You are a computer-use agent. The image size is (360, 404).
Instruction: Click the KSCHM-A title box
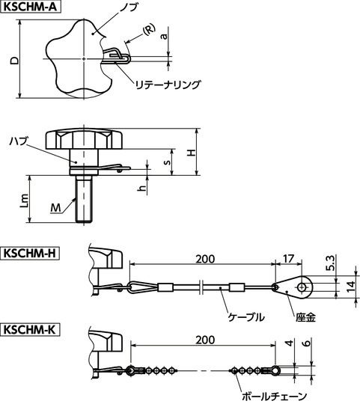[32, 9]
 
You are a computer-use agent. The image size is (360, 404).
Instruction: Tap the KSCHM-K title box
[31, 328]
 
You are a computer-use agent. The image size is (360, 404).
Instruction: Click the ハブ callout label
[19, 140]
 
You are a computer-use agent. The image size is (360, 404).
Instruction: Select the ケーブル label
[245, 316]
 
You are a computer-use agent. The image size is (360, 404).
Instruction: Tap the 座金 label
[305, 316]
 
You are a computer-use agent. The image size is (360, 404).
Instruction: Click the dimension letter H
[191, 152]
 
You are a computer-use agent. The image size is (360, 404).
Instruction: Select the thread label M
[55, 207]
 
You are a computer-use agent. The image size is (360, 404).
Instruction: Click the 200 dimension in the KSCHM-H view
[202, 259]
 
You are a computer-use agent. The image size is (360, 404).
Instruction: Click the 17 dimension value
[289, 259]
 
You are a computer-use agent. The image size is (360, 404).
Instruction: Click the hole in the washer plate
[302, 285]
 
